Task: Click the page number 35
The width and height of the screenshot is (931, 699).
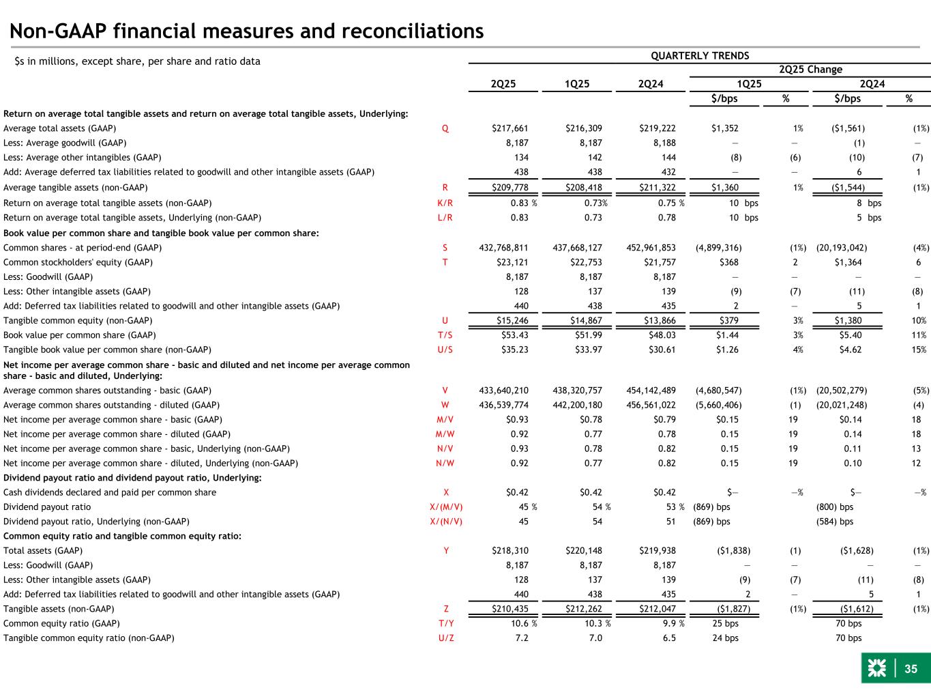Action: pyautogui.click(x=911, y=670)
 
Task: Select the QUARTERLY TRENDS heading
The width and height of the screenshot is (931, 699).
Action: pyautogui.click(x=699, y=56)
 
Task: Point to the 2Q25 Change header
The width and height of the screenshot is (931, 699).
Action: pyautogui.click(x=810, y=70)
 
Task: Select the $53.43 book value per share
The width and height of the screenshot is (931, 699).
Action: pyautogui.click(x=514, y=335)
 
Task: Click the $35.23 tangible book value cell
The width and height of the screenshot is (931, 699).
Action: pyautogui.click(x=514, y=350)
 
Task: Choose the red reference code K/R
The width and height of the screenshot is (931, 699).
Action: pyautogui.click(x=445, y=203)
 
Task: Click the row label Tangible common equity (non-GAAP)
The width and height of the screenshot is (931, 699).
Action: pyautogui.click(x=78, y=321)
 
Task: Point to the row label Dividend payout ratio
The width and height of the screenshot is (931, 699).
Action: pyautogui.click(x=47, y=507)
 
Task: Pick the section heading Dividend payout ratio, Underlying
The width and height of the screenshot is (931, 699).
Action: pyautogui.click(x=132, y=478)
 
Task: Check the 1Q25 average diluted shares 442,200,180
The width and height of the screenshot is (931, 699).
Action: pyautogui.click(x=577, y=405)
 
